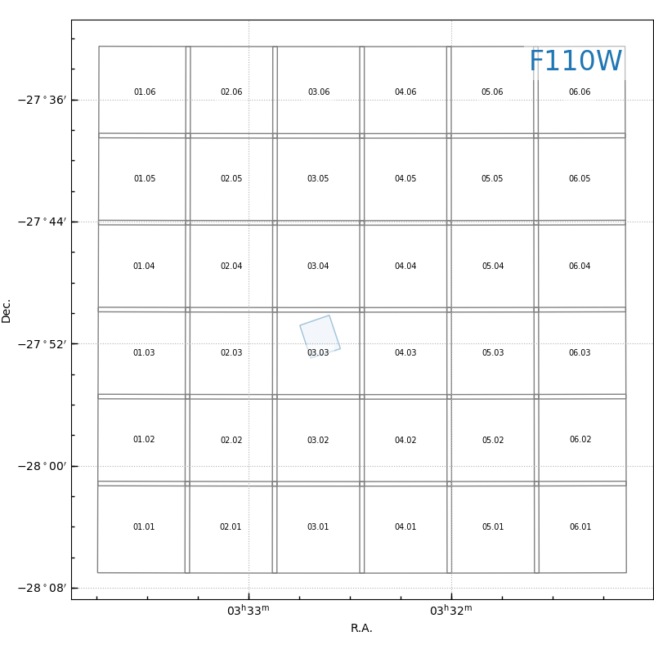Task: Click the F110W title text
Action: [x=575, y=62]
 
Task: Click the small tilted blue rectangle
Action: [x=320, y=335]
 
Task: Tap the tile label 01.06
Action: [x=145, y=92]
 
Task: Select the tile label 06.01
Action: [x=580, y=527]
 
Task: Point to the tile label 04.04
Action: [x=405, y=267]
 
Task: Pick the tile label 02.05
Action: [x=231, y=179]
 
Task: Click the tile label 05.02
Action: [x=493, y=441]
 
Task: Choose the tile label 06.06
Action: [x=580, y=92]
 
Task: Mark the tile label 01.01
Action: [x=144, y=527]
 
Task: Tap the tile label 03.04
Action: [x=318, y=267]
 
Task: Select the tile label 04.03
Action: [x=405, y=353]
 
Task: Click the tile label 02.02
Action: [x=231, y=441]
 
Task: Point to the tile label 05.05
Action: [x=492, y=179]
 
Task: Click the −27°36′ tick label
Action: [x=42, y=100]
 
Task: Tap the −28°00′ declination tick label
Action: [x=42, y=466]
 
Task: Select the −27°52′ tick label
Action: [x=42, y=344]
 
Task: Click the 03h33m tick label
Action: [x=248, y=611]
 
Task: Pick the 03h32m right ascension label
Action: [x=450, y=611]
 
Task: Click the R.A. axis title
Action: [x=361, y=629]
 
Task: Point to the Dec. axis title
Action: [x=7, y=311]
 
